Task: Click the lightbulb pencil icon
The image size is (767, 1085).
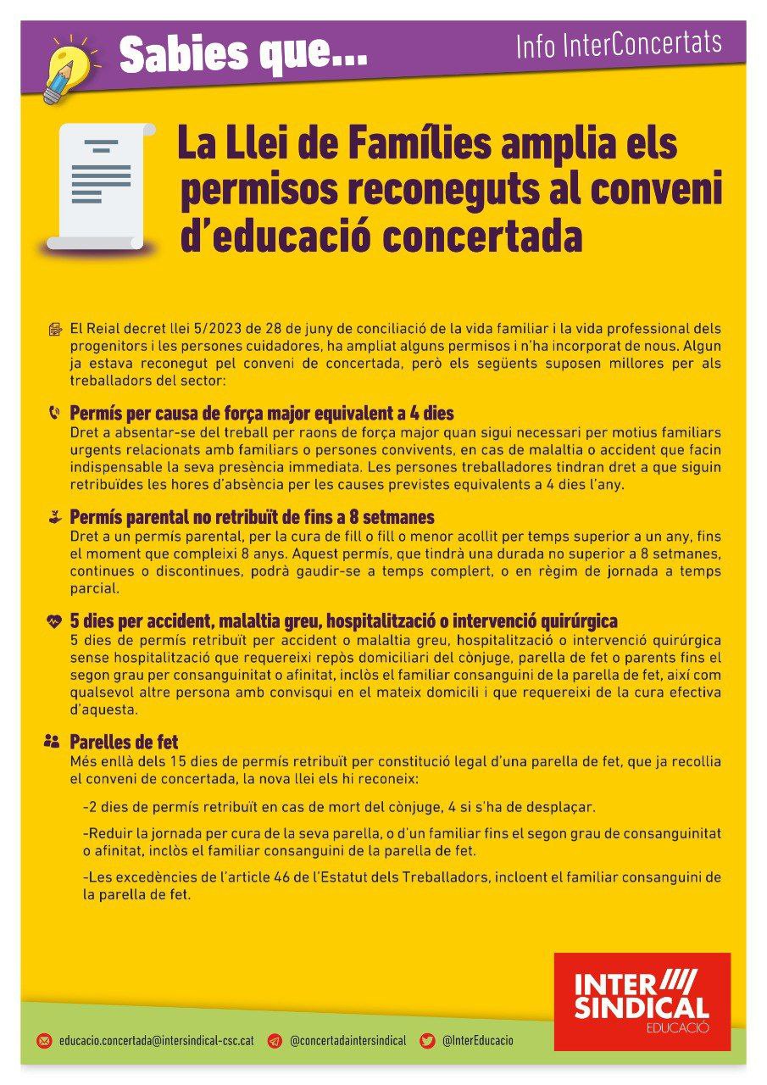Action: click(x=67, y=68)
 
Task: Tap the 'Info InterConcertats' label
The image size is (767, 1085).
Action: click(x=619, y=45)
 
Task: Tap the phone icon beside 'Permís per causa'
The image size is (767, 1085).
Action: click(x=54, y=414)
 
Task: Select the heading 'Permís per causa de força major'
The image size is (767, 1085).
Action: click(x=261, y=414)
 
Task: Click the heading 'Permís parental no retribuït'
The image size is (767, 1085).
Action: click(x=252, y=517)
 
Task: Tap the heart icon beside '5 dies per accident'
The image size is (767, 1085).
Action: click(x=53, y=621)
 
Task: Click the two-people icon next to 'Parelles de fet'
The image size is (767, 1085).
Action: click(x=53, y=742)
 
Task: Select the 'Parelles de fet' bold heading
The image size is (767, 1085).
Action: click(x=124, y=743)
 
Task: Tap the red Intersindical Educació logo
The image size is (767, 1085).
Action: click(x=642, y=1001)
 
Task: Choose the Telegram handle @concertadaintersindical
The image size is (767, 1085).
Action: click(x=347, y=1041)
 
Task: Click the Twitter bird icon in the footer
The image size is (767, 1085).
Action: click(x=428, y=1041)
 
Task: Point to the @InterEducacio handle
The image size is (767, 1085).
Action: click(x=477, y=1041)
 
